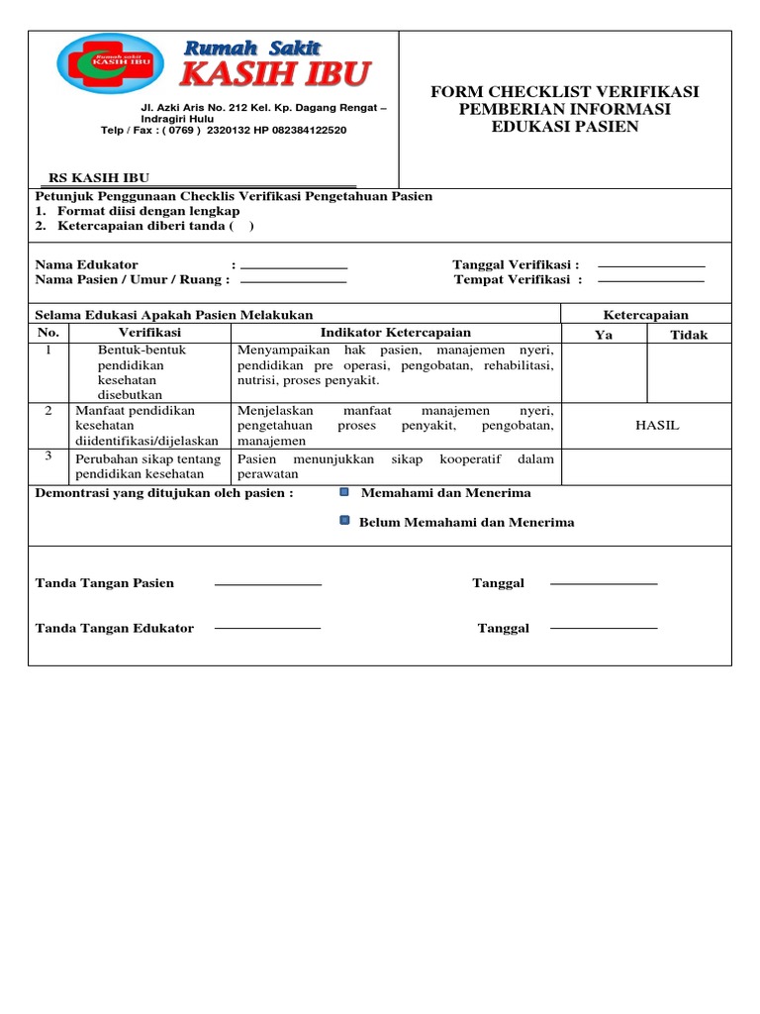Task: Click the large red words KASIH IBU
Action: tap(275, 74)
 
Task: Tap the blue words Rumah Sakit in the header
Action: tap(253, 48)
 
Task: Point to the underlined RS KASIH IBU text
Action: tap(99, 178)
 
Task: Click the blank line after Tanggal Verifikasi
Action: tap(651, 266)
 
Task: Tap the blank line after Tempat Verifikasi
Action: tap(651, 281)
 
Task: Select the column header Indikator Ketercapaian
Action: tap(395, 333)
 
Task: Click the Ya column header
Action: tap(604, 335)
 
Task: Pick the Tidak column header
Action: tap(689, 335)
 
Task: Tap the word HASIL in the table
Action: tap(657, 425)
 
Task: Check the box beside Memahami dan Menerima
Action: tap(343, 491)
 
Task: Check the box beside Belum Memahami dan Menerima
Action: tap(343, 520)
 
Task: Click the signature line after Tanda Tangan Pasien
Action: tap(268, 584)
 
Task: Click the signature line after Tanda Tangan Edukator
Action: tap(268, 628)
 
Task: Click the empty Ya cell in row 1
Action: tap(604, 372)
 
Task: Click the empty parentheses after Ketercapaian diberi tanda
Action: tap(241, 226)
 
